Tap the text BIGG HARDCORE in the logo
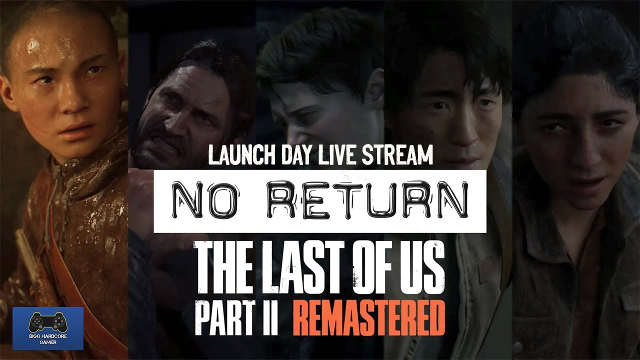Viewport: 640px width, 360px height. (x=47, y=336)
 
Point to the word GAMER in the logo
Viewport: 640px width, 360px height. (x=47, y=342)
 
